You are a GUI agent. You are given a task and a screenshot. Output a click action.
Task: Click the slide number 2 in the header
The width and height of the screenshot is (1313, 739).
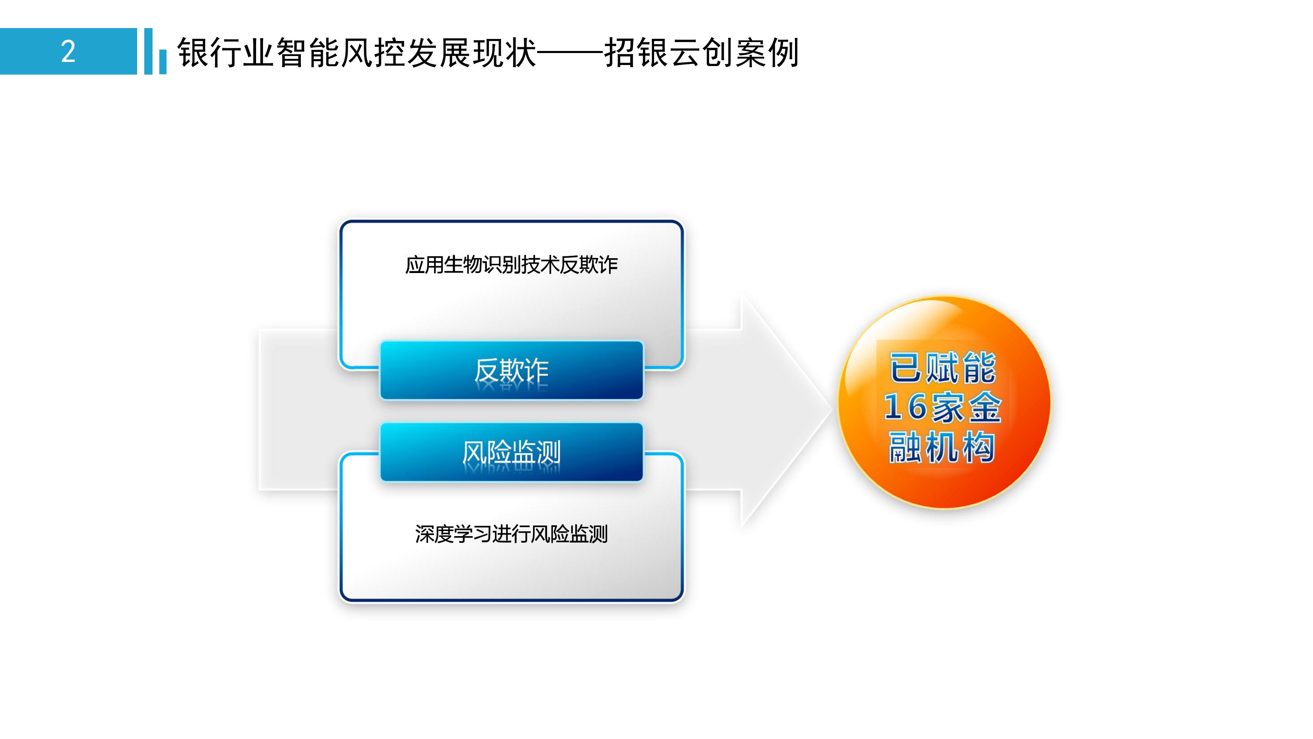pyautogui.click(x=68, y=52)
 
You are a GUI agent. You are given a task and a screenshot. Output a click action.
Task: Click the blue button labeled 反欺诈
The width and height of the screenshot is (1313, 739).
pyautogui.click(x=511, y=370)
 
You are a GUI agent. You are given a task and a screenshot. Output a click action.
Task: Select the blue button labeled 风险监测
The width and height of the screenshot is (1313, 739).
pyautogui.click(x=511, y=452)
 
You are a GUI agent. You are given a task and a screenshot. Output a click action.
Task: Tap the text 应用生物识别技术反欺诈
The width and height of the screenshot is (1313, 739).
pyautogui.click(x=511, y=265)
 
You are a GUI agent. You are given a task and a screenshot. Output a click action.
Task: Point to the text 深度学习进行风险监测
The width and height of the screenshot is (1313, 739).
pyautogui.click(x=511, y=534)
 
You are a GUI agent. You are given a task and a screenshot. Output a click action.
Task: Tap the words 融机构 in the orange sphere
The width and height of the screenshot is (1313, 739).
pyautogui.click(x=942, y=447)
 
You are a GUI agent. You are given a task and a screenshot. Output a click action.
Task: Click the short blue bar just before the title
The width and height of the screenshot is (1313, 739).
pyautogui.click(x=163, y=62)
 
